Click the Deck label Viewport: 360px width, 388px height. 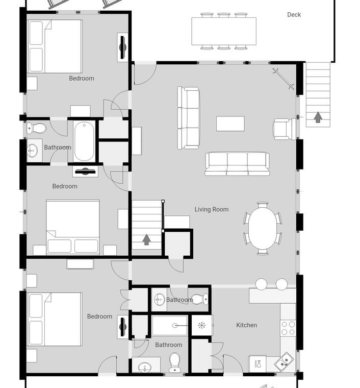[294, 15]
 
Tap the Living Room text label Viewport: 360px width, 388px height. [212, 209]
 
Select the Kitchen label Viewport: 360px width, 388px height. [247, 325]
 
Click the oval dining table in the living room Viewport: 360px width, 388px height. [263, 228]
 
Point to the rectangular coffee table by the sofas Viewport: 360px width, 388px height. [230, 124]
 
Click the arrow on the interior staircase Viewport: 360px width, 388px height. [147, 239]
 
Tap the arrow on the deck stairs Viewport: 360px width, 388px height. [318, 117]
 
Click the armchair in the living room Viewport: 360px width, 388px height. [285, 129]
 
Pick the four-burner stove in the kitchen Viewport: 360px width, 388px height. [288, 328]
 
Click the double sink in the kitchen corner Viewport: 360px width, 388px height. [284, 361]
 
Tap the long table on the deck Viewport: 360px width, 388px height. [224, 31]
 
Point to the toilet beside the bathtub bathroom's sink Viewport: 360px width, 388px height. [36, 129]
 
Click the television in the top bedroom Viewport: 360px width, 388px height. [122, 47]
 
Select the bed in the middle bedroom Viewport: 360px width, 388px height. [73, 227]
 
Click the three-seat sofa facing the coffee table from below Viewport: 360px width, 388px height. [237, 164]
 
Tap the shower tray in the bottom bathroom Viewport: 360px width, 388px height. [170, 325]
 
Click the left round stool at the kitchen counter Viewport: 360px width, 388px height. [261, 284]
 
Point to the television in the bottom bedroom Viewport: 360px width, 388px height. [122, 327]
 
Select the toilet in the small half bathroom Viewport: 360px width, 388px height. [200, 299]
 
